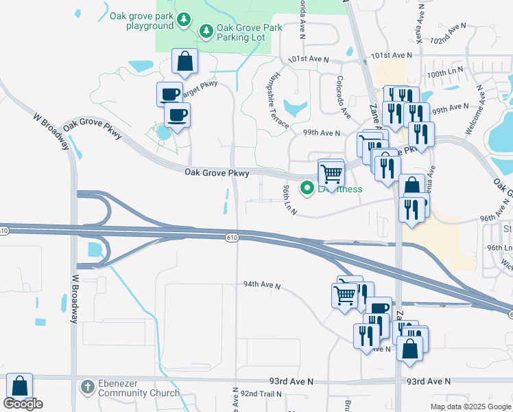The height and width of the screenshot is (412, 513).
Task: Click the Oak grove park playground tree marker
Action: click(183, 20)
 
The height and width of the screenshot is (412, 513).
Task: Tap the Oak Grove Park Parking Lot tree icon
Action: click(206, 31)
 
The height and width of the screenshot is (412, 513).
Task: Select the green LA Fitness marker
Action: click(307, 187)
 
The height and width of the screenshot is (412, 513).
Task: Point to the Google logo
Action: click(23, 404)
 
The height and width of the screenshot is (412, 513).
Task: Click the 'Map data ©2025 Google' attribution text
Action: click(470, 407)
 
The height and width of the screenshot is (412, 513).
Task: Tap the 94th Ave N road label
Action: click(262, 284)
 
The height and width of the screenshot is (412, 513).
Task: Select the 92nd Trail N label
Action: click(261, 394)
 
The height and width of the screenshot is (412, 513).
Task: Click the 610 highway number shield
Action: click(233, 236)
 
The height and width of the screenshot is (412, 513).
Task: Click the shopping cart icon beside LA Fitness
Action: click(331, 174)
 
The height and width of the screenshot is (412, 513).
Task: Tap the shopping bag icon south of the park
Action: click(185, 62)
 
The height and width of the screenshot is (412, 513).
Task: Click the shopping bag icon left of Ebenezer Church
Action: click(19, 387)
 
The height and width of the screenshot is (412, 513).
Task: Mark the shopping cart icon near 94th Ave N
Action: click(345, 295)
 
